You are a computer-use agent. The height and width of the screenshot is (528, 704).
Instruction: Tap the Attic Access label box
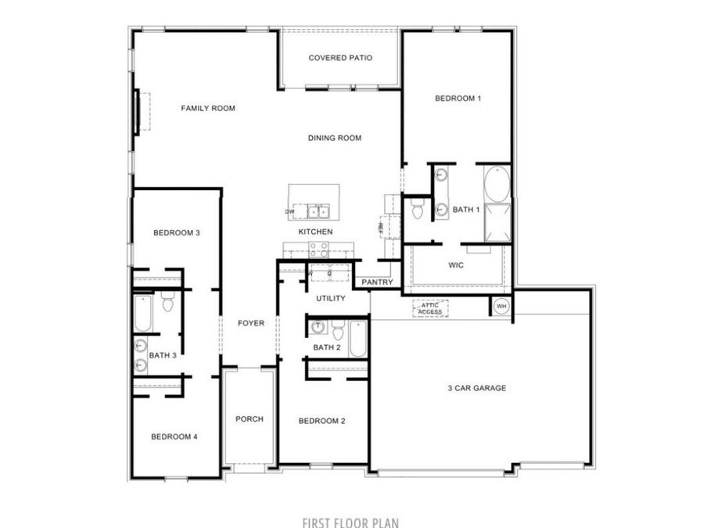[430, 309]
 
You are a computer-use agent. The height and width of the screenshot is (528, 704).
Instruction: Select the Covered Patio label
[339, 58]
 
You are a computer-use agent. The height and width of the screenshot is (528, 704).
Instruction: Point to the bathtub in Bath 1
[495, 185]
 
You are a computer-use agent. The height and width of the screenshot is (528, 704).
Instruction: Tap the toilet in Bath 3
[167, 302]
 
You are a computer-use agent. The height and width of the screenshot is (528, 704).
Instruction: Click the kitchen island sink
[318, 210]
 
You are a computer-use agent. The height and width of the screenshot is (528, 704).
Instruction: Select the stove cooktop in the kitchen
[318, 249]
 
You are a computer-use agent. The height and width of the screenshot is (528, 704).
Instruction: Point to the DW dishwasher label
[290, 211]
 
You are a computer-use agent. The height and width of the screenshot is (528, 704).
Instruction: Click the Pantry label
[376, 282]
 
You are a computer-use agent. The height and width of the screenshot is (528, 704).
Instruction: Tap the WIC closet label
[457, 266]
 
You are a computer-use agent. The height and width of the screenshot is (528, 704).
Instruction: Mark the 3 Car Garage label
[477, 388]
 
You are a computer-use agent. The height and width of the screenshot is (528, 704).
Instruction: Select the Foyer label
[251, 323]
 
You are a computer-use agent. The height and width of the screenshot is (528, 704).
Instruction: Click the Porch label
[250, 419]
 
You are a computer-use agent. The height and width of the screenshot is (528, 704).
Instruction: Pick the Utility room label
[330, 299]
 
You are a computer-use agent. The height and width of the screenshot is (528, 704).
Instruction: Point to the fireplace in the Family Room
[138, 112]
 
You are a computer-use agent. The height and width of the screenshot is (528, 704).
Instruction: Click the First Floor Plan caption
[351, 522]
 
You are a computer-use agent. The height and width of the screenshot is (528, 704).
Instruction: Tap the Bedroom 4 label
[174, 436]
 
